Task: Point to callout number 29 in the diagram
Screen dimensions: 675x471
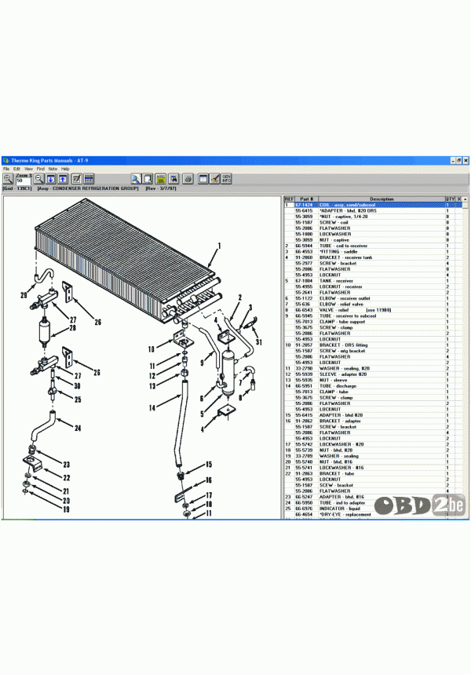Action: pyautogui.click(x=24, y=295)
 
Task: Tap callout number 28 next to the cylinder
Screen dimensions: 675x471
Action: pyautogui.click(x=72, y=328)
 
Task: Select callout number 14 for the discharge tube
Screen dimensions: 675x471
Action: pyautogui.click(x=152, y=408)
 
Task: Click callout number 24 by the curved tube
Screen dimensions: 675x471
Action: pyautogui.click(x=78, y=429)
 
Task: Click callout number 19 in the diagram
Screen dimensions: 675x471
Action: pyautogui.click(x=66, y=509)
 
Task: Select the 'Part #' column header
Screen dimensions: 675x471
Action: pyautogui.click(x=305, y=199)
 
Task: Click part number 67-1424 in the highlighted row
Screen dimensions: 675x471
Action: pyautogui.click(x=304, y=205)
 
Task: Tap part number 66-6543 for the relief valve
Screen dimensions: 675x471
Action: pyautogui.click(x=304, y=310)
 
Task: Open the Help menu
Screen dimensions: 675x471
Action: pyautogui.click(x=65, y=169)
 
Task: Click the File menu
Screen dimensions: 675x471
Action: pyautogui.click(x=6, y=169)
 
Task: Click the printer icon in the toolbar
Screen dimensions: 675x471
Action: pyautogui.click(x=188, y=179)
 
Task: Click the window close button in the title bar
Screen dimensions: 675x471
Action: pyautogui.click(x=466, y=160)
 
